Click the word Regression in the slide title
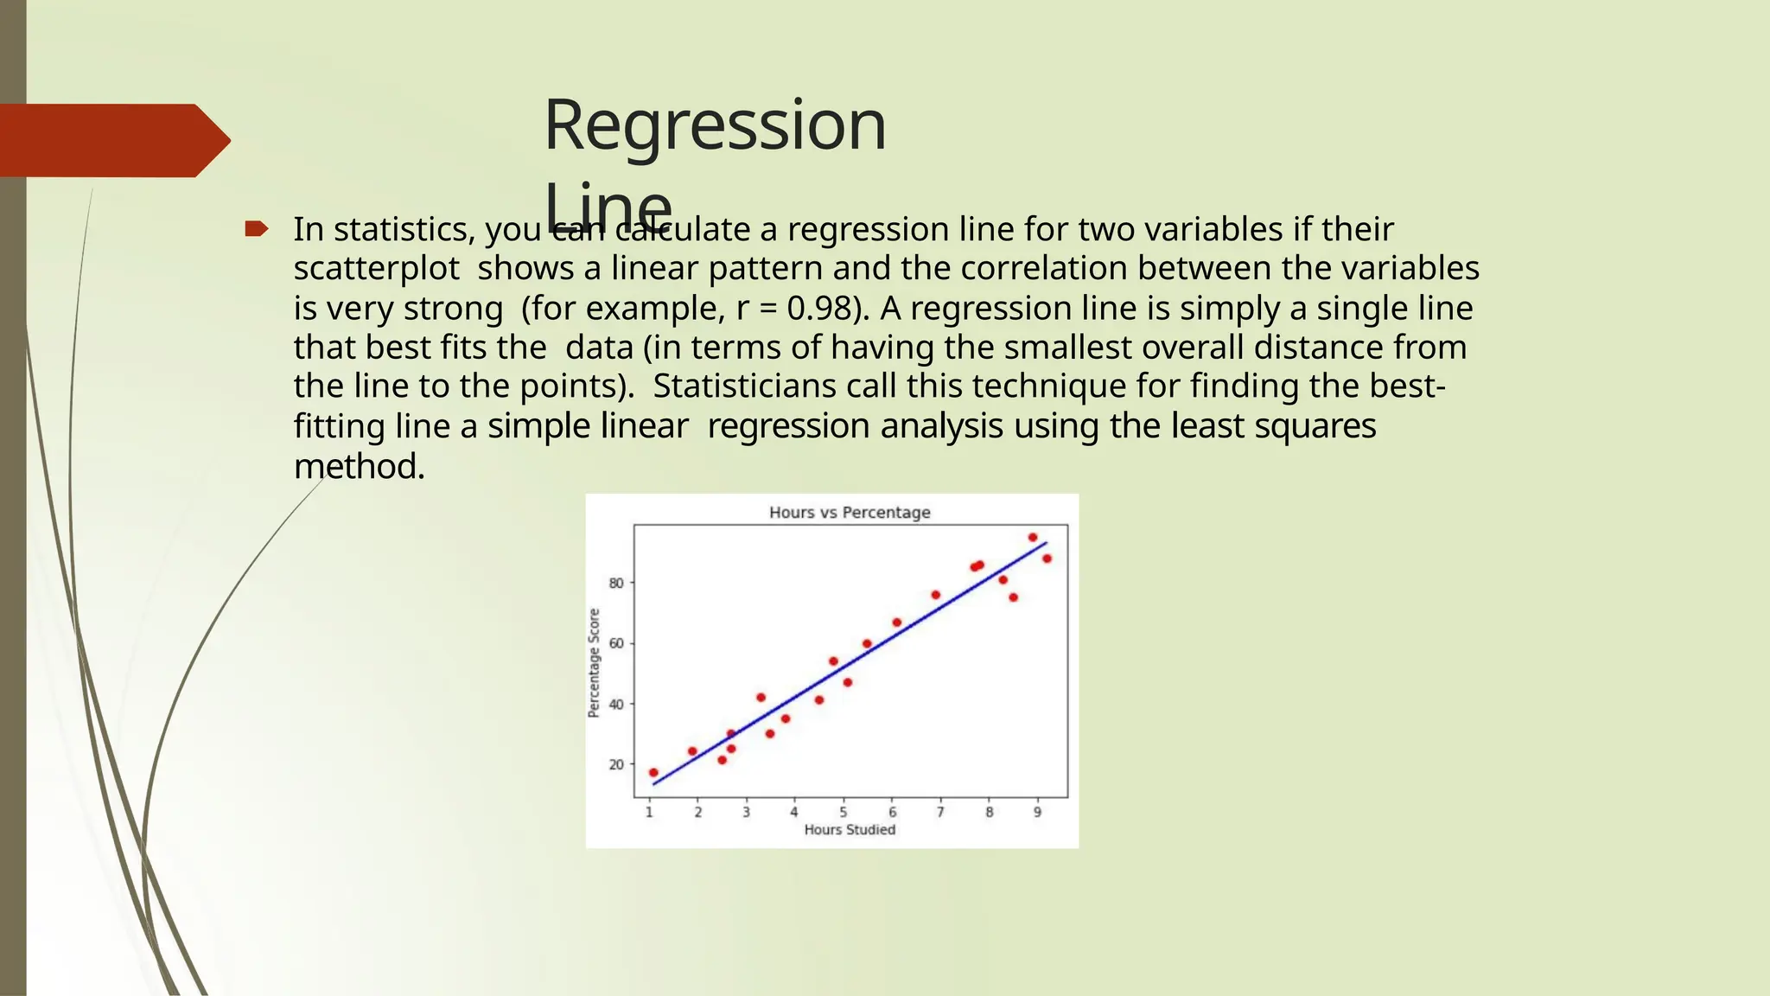click(x=715, y=125)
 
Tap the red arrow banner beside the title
click(x=112, y=140)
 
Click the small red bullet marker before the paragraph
click(x=256, y=229)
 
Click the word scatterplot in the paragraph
click(x=376, y=269)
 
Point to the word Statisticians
click(x=743, y=386)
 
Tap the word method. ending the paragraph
click(x=359, y=467)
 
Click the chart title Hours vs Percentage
click(x=850, y=512)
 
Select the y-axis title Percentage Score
click(x=594, y=662)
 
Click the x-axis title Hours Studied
click(x=850, y=830)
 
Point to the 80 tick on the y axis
click(x=616, y=584)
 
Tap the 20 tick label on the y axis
click(x=616, y=764)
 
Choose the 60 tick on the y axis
click(x=616, y=643)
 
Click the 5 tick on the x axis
click(x=844, y=812)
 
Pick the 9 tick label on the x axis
click(x=1038, y=812)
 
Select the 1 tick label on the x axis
click(x=649, y=812)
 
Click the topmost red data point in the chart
click(x=1033, y=537)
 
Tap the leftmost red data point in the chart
click(x=653, y=772)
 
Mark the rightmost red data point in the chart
click(x=1047, y=559)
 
